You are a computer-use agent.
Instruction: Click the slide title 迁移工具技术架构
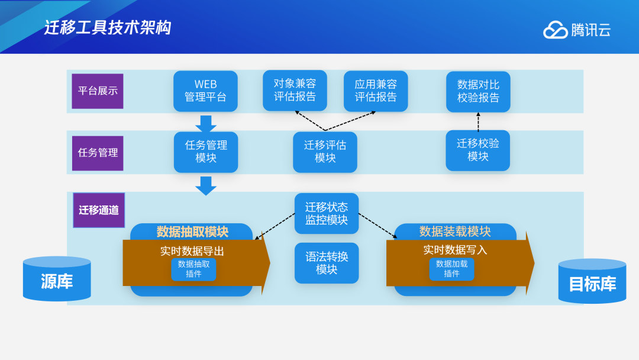click(x=107, y=27)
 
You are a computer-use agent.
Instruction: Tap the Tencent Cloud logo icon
click(x=555, y=30)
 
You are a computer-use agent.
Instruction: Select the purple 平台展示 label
click(x=98, y=91)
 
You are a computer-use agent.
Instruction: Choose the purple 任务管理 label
click(x=98, y=153)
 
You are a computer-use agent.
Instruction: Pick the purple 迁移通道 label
click(x=99, y=210)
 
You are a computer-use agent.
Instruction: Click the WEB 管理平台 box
click(x=205, y=91)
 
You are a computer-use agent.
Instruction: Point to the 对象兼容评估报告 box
click(x=295, y=90)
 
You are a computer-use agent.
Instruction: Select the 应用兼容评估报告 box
click(x=376, y=91)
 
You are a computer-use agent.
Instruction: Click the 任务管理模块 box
click(x=206, y=152)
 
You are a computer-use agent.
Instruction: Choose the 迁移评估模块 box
click(x=325, y=152)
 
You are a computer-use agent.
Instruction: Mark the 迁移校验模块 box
click(x=477, y=150)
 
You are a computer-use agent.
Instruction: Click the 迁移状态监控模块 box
click(x=327, y=213)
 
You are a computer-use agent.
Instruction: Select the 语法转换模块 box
click(x=327, y=263)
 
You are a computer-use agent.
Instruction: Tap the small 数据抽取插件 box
click(x=193, y=269)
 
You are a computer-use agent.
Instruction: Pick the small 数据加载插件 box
click(x=451, y=269)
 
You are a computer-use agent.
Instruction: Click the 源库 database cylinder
click(x=57, y=279)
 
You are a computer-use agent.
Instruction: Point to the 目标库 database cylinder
click(x=592, y=281)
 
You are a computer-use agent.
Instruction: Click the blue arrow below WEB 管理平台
click(x=206, y=123)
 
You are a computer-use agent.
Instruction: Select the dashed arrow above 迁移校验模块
click(x=478, y=121)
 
